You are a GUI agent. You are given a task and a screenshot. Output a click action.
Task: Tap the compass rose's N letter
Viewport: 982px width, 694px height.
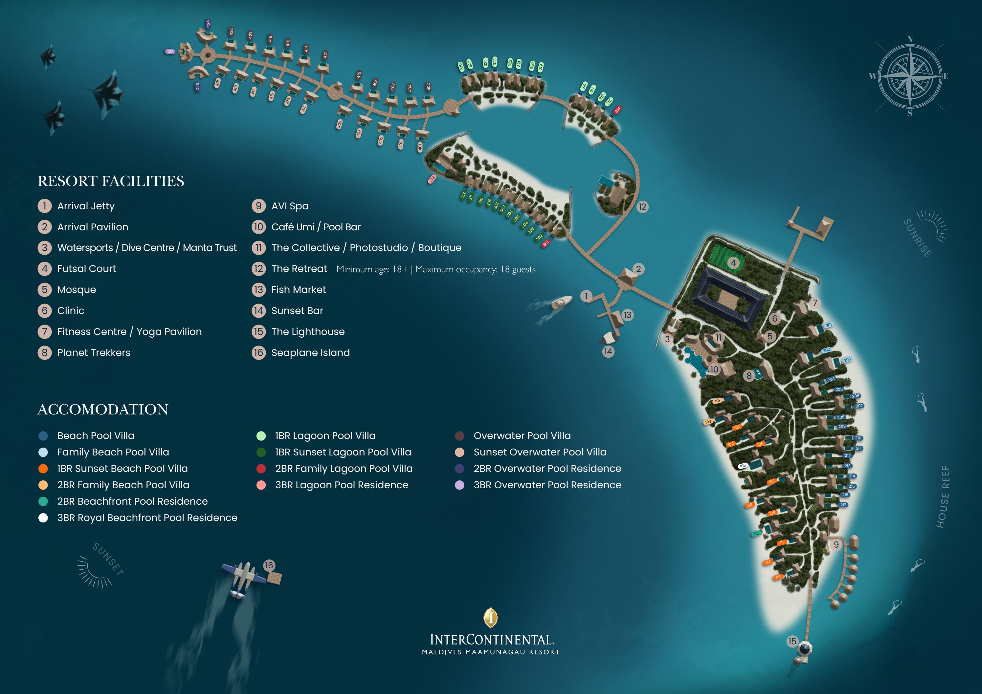[x=910, y=40]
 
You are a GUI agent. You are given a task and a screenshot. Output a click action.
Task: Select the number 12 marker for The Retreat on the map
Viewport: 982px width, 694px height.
[x=642, y=207]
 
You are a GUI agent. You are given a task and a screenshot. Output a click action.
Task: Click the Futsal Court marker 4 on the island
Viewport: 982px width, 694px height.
[x=733, y=263]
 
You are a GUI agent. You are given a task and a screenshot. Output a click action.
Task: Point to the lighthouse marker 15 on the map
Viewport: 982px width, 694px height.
[x=792, y=641]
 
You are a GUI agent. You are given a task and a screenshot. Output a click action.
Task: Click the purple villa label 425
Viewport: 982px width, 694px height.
[x=170, y=52]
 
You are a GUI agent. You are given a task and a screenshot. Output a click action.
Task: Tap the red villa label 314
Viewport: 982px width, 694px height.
[x=617, y=110]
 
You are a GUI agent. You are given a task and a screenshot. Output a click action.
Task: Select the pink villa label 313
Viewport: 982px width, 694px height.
[x=432, y=179]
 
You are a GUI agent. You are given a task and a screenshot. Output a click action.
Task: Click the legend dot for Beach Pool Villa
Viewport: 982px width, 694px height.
[x=43, y=436]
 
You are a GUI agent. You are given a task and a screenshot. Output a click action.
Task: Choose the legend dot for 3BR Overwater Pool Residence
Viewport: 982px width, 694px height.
[x=459, y=485]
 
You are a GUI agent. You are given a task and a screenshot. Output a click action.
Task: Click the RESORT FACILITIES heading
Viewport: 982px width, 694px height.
[x=111, y=181]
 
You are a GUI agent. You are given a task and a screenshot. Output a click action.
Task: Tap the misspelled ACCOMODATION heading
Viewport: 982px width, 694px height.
[x=103, y=410]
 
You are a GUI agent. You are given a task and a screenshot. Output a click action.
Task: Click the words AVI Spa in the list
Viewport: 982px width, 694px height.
[x=290, y=206]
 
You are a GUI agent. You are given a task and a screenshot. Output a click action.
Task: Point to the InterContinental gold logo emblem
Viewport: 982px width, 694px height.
[x=491, y=618]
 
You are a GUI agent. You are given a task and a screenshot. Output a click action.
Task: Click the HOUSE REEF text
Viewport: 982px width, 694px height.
[x=943, y=496]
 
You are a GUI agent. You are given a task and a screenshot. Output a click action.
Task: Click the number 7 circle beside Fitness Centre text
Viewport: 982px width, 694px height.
[x=44, y=332]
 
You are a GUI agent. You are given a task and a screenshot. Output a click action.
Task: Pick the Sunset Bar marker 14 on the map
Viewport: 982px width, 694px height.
[x=608, y=352]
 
